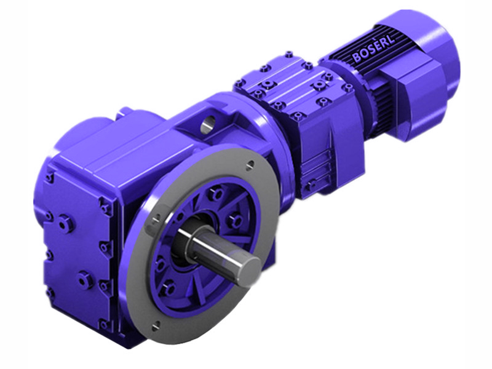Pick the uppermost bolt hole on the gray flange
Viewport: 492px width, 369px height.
[x=249, y=164]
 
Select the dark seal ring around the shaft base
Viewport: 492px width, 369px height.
[x=184, y=246]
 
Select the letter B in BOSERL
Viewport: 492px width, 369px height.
[x=357, y=58]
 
